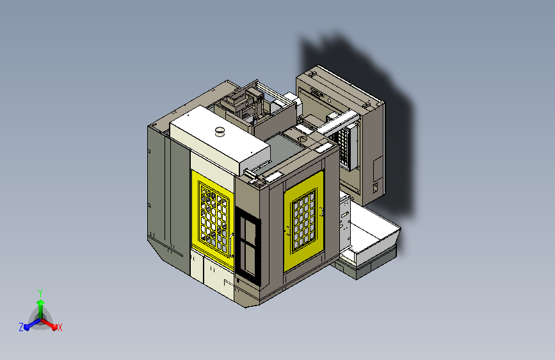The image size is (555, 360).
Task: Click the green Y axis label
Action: (x=40, y=293)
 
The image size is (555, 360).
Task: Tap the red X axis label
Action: (x=60, y=328)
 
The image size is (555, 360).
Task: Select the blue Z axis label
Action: (x=21, y=327)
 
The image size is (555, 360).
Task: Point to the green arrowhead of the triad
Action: (x=40, y=302)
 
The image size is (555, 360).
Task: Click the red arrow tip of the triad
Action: (x=54, y=327)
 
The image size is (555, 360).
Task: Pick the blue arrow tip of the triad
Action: (x=27, y=327)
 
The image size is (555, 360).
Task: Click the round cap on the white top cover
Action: (x=220, y=131)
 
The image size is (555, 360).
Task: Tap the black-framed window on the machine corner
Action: (x=248, y=246)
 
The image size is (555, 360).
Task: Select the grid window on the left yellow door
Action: (x=213, y=217)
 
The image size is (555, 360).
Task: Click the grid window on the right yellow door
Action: (x=303, y=221)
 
